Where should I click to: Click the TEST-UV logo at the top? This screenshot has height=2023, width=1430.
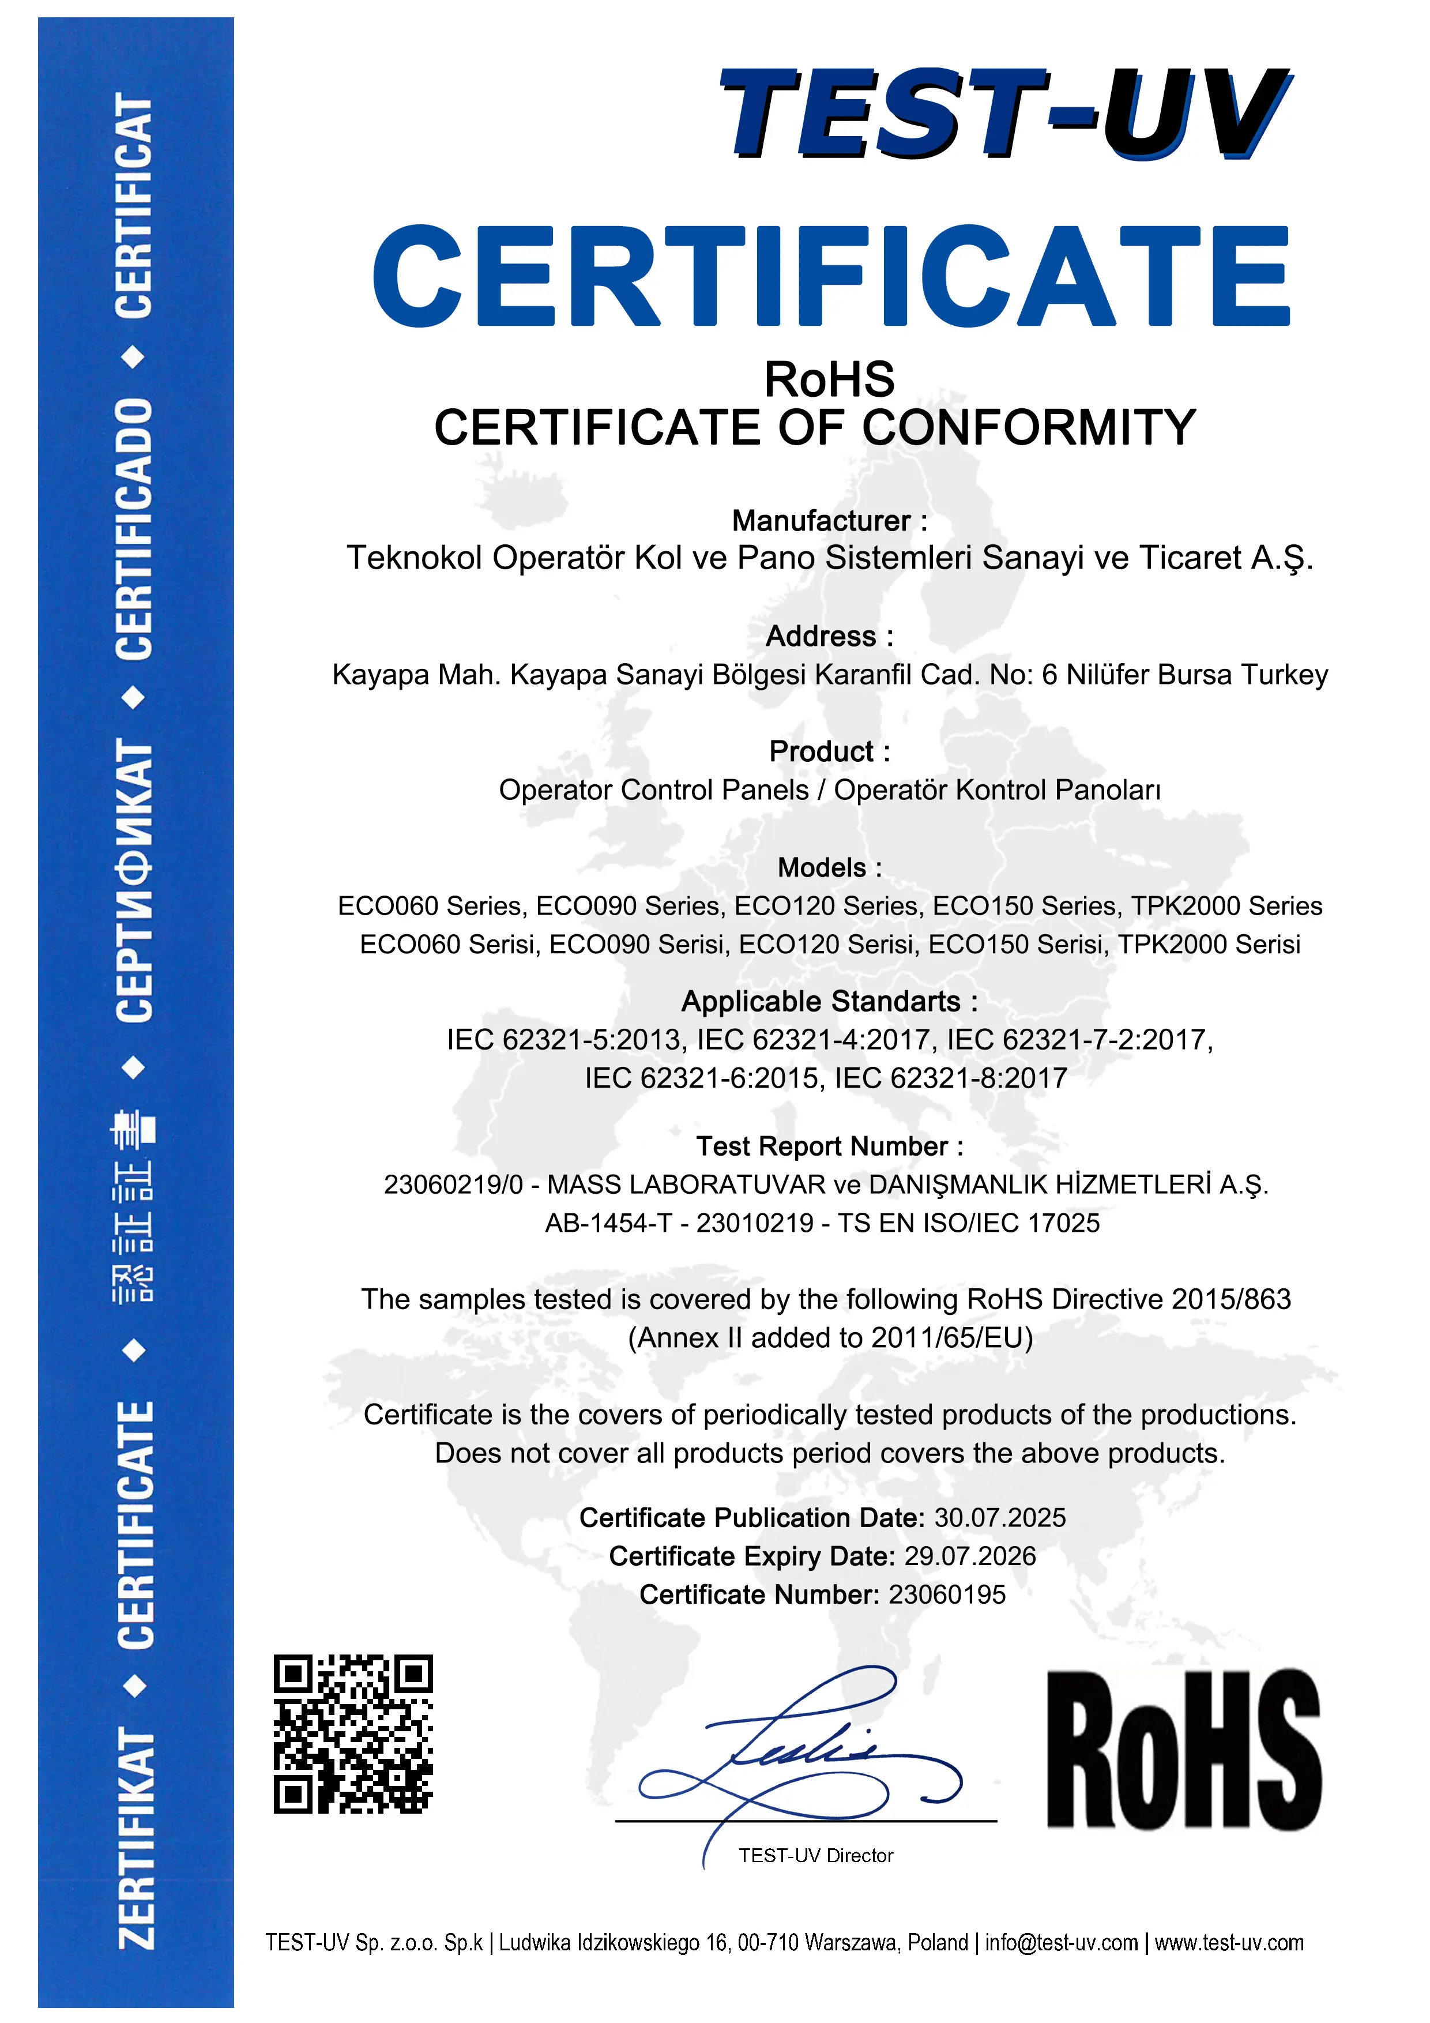click(1004, 115)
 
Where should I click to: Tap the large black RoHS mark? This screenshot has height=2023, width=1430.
click(1183, 1749)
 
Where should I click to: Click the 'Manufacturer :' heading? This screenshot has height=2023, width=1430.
click(829, 521)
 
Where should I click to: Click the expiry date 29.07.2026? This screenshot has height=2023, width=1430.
click(969, 1556)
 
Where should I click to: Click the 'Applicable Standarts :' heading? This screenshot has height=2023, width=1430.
click(829, 1001)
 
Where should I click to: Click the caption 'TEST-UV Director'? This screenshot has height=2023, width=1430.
click(816, 1856)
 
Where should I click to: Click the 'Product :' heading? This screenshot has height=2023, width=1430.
click(829, 751)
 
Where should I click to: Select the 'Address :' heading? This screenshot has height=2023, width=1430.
click(829, 636)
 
